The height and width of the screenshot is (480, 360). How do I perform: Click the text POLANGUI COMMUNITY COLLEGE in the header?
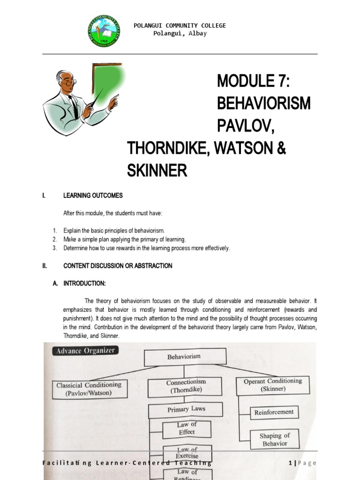click(x=180, y=25)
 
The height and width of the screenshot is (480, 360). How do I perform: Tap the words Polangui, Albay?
click(x=180, y=33)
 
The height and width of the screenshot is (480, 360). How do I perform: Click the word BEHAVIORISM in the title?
click(x=263, y=104)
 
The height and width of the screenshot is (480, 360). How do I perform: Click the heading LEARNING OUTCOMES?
click(x=93, y=195)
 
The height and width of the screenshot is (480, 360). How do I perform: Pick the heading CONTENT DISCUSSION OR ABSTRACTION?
click(x=118, y=266)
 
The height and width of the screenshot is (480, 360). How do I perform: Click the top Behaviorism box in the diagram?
click(x=185, y=357)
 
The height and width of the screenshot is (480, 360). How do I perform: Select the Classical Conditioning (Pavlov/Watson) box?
click(x=89, y=389)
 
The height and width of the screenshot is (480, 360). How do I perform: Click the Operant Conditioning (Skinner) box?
click(x=272, y=385)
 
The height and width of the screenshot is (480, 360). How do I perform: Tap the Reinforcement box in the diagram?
click(x=274, y=412)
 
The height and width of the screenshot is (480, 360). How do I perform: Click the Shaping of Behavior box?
click(x=274, y=439)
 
